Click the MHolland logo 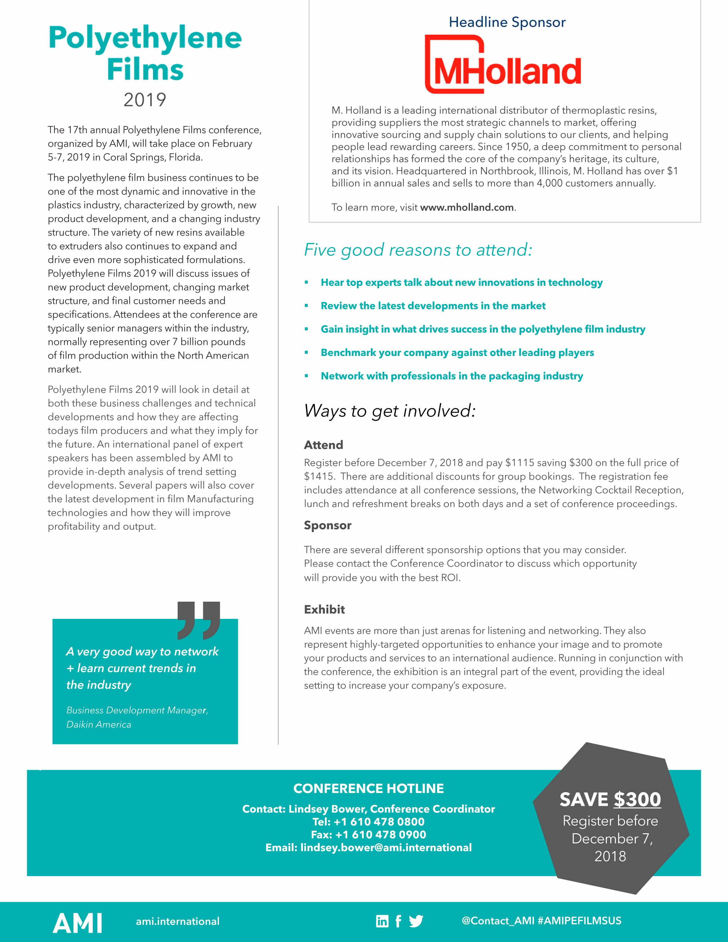[x=503, y=65]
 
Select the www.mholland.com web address [x=467, y=208]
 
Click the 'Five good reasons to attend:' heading [x=418, y=250]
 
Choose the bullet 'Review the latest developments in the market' [x=433, y=306]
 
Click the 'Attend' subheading [x=323, y=445]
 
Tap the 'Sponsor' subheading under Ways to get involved [x=327, y=525]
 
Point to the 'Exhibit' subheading [x=324, y=609]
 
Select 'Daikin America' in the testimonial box [x=99, y=724]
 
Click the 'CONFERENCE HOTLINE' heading [x=368, y=788]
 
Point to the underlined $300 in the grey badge [x=637, y=799]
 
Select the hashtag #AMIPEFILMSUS [x=580, y=921]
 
